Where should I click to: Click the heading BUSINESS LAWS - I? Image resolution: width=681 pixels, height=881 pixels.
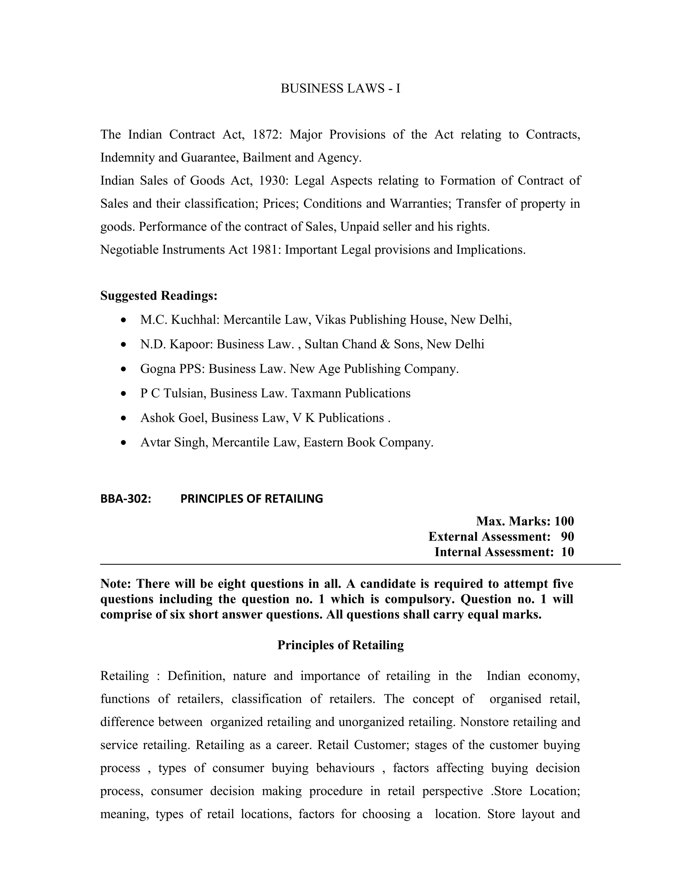tap(340, 88)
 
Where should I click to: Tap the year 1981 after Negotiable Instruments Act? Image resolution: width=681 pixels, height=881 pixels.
tap(265, 250)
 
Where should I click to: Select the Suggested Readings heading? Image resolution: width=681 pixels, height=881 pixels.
tap(159, 296)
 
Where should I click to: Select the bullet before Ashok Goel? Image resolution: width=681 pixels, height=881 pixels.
tap(124, 418)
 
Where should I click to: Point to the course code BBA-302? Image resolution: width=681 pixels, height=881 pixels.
tap(125, 499)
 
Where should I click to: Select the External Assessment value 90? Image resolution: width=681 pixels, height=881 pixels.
tap(567, 537)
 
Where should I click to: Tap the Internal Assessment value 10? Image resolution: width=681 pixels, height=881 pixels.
tap(567, 552)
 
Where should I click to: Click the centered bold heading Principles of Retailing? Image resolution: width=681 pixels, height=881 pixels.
tap(340, 645)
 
